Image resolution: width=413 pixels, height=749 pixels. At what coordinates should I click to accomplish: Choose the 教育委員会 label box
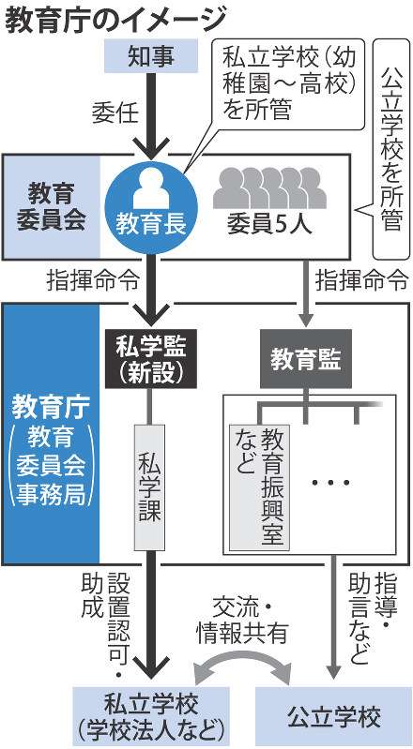52,207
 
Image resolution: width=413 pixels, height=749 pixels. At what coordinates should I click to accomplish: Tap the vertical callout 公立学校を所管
391,149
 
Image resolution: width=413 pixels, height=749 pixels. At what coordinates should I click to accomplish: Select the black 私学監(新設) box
151,359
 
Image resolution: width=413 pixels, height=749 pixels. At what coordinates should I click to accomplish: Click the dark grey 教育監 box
305,359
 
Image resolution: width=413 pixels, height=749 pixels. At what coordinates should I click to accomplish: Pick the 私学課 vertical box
151,487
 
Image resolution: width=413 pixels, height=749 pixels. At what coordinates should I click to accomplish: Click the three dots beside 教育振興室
330,482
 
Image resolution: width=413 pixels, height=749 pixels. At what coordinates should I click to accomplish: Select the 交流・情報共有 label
241,621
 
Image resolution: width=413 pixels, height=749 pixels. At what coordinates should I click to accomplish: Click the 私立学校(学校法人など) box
151,717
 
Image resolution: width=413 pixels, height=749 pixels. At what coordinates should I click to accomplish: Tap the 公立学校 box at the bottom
333,717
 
